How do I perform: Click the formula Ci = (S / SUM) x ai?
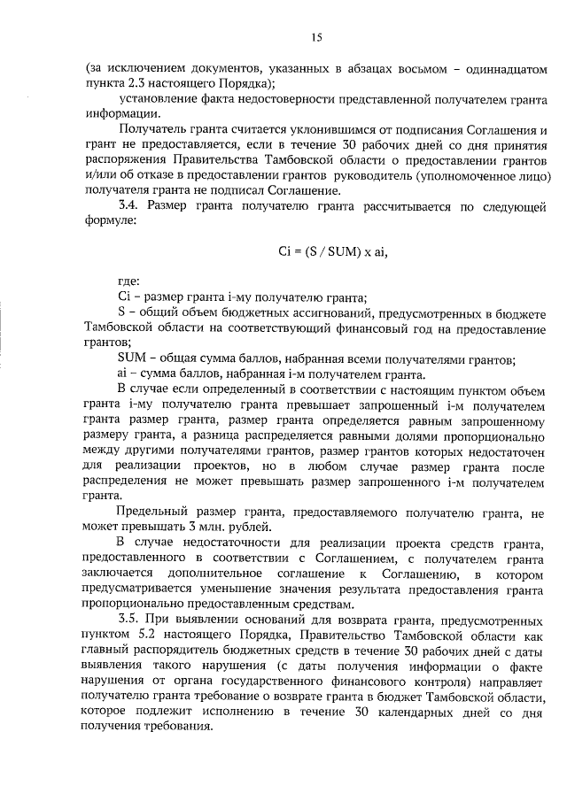click(333, 251)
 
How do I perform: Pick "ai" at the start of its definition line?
click(123, 374)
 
